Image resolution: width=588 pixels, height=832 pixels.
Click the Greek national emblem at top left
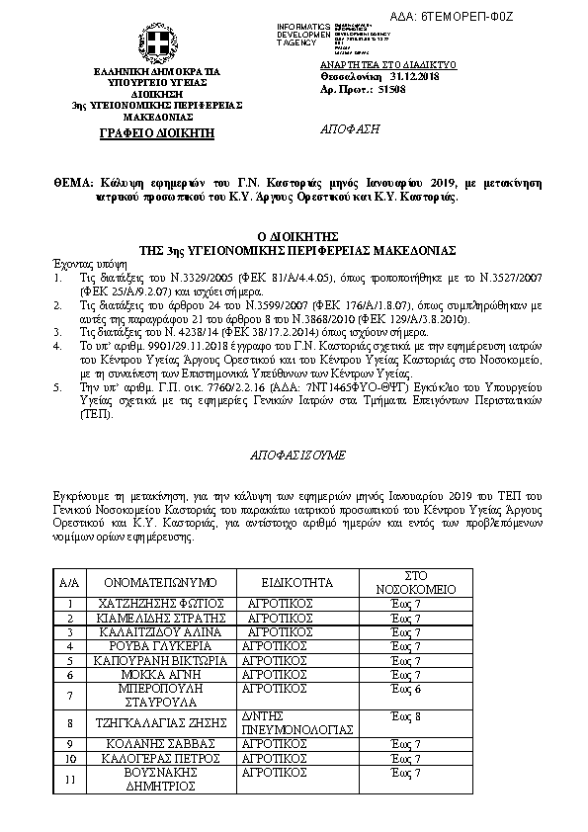click(156, 45)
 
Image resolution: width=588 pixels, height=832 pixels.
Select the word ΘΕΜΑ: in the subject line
click(74, 184)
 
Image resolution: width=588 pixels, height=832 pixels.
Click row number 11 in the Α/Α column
click(68, 780)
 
